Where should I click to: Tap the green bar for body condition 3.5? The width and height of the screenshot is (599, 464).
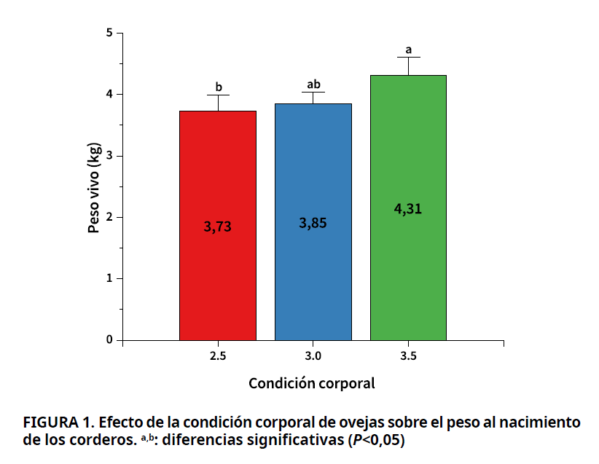(x=408, y=277)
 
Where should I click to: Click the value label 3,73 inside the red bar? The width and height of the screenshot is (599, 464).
(x=218, y=227)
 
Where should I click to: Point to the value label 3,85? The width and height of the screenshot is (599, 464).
(x=313, y=223)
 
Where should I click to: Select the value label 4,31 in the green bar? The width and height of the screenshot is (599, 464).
(x=408, y=209)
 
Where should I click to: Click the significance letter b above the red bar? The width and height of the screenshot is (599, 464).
(x=218, y=87)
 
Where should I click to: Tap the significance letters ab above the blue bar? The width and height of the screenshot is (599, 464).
(x=314, y=84)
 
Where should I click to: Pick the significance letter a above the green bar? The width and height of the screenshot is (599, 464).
(x=408, y=50)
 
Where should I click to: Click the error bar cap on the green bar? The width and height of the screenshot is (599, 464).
(x=408, y=57)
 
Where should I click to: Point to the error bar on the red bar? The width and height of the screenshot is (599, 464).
(x=218, y=102)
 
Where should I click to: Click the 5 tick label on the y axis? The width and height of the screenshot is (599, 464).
(x=109, y=33)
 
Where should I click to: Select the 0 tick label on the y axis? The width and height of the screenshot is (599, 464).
(x=109, y=339)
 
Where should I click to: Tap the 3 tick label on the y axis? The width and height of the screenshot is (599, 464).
(x=109, y=156)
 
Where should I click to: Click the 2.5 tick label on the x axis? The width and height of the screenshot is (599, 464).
(x=218, y=356)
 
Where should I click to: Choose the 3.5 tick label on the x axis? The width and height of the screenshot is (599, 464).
(x=408, y=356)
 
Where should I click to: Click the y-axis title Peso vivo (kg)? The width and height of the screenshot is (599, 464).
(x=93, y=186)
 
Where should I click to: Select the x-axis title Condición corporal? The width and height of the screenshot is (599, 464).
(x=312, y=383)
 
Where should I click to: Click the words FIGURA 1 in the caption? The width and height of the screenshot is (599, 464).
(x=58, y=422)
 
